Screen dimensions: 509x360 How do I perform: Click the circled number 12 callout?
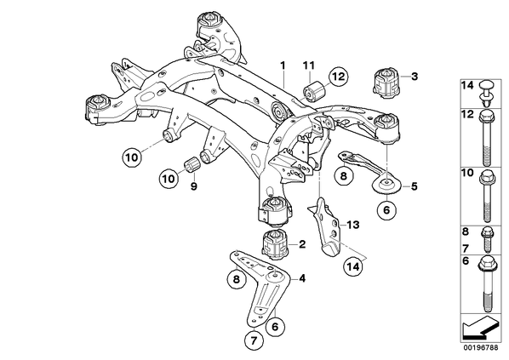click(338, 77)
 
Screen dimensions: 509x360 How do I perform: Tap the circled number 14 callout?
click(353, 266)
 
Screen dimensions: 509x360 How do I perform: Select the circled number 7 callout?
click(254, 340)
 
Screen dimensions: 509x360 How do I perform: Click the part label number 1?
click(283, 66)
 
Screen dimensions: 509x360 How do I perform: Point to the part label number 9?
click(194, 186)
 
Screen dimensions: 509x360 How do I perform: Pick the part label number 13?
click(353, 225)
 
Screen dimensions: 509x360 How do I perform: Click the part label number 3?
click(415, 77)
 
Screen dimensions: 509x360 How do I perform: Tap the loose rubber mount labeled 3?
click(386, 83)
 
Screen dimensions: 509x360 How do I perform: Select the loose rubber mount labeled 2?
click(275, 245)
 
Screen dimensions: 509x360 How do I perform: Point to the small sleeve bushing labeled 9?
click(193, 165)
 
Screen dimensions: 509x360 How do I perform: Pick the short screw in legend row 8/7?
click(487, 239)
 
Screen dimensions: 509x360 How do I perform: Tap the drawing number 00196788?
click(480, 348)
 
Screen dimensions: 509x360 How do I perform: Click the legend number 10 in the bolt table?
click(467, 173)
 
